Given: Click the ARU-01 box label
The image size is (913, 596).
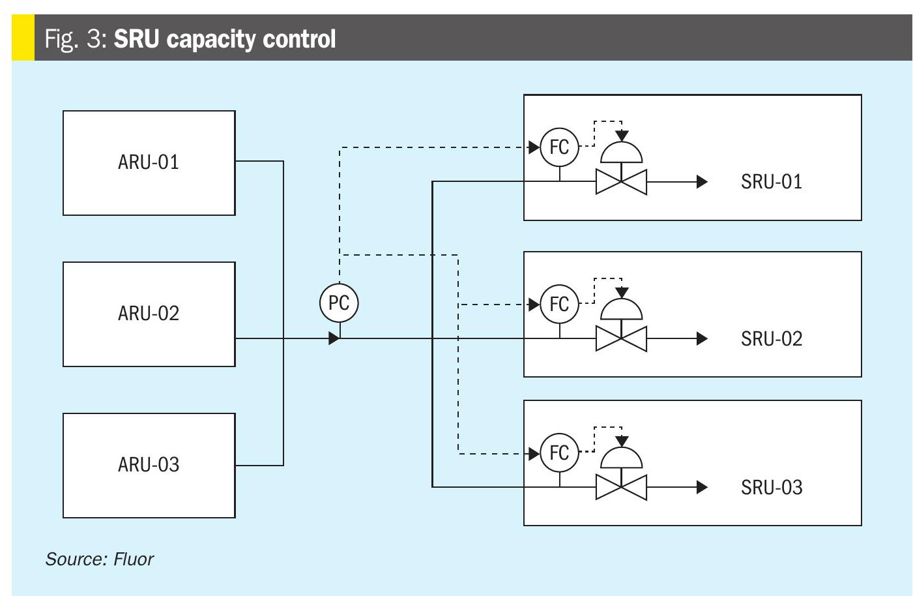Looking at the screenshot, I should pos(149,162).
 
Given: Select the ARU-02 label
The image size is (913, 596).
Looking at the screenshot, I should pos(149,313).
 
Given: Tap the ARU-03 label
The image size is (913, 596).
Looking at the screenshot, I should pos(149,464).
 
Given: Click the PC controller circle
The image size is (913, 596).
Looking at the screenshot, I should pos(339,303).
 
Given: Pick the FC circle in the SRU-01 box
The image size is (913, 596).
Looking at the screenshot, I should pos(559,147).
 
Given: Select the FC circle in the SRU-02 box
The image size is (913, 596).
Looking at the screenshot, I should pos(559,304).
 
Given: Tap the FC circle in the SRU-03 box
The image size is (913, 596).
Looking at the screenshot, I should pos(559,453).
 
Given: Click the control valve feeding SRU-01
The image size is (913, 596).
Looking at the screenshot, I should pos(621,181).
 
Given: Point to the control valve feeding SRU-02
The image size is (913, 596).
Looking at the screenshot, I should pos(621,338).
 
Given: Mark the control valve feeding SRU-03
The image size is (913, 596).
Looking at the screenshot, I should pos(621,487).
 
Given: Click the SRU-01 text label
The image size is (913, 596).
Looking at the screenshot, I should pos(772,181).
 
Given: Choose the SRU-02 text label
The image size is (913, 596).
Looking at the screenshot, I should pos(772,338).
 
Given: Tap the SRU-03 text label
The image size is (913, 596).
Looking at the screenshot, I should pos(772,487).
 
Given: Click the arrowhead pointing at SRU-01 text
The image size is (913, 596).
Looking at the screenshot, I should pos(702,181).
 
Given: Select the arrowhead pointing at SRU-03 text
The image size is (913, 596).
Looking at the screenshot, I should pos(702,487).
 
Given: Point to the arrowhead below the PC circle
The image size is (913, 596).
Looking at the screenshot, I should pos(334,338).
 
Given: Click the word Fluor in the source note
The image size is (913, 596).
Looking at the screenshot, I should pos(134,559).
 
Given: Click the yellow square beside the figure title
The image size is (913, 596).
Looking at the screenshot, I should pos(23,38).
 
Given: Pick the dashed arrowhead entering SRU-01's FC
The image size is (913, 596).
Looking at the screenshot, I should pos(534,147).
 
